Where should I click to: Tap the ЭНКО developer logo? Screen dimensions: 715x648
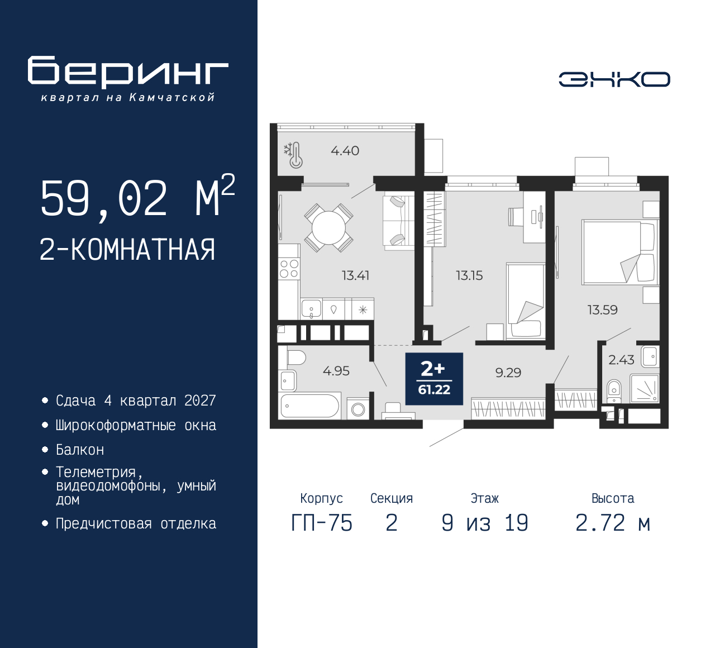614,79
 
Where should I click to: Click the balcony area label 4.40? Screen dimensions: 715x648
345,151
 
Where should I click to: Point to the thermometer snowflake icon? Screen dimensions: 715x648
293,155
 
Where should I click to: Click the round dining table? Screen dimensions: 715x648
328,228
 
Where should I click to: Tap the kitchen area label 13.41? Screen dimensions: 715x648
355,275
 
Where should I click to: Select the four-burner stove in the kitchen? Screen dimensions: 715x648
289,268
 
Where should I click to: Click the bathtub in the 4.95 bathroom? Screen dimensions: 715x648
309,406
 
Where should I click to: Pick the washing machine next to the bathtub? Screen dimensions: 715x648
358,408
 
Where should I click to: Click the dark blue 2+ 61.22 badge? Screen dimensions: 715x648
434,379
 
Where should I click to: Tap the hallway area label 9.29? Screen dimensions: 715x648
508,373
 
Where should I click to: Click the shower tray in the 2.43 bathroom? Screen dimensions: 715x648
645,388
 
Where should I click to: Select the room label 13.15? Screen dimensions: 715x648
469,275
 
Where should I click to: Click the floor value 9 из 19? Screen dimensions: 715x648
485,523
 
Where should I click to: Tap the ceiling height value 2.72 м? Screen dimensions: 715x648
613,523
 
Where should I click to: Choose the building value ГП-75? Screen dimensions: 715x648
322,523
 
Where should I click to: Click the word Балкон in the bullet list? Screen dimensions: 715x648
80,450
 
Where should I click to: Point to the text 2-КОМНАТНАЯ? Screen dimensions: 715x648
127,250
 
